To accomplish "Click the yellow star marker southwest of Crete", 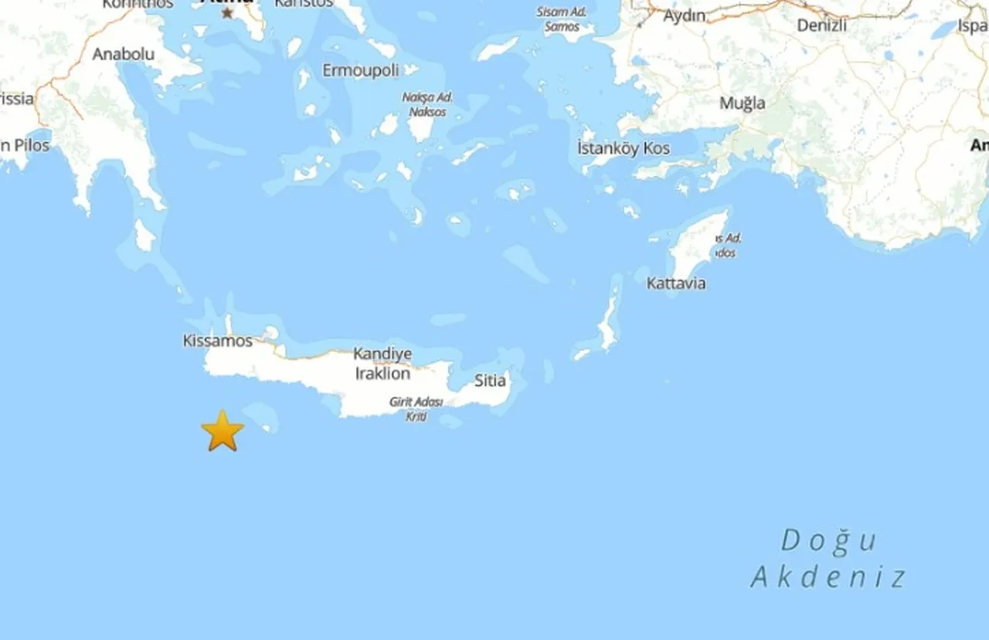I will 223,431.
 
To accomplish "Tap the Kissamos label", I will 218,340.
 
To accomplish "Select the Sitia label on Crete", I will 491,380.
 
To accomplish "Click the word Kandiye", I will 382,354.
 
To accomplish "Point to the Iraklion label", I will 382,374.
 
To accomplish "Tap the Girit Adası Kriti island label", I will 416,409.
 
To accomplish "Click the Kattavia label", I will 676,283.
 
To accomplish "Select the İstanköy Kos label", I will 624,148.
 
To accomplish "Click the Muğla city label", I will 743,103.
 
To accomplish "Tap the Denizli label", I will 822,25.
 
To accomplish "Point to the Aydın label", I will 685,15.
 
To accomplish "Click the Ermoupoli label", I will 361,70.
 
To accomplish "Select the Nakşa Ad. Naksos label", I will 427,104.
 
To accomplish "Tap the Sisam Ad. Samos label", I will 562,19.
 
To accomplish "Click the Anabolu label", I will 124,54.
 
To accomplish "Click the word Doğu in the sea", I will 828,540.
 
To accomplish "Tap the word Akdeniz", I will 828,577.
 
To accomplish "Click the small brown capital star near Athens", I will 227,13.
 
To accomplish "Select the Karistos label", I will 304,3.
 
